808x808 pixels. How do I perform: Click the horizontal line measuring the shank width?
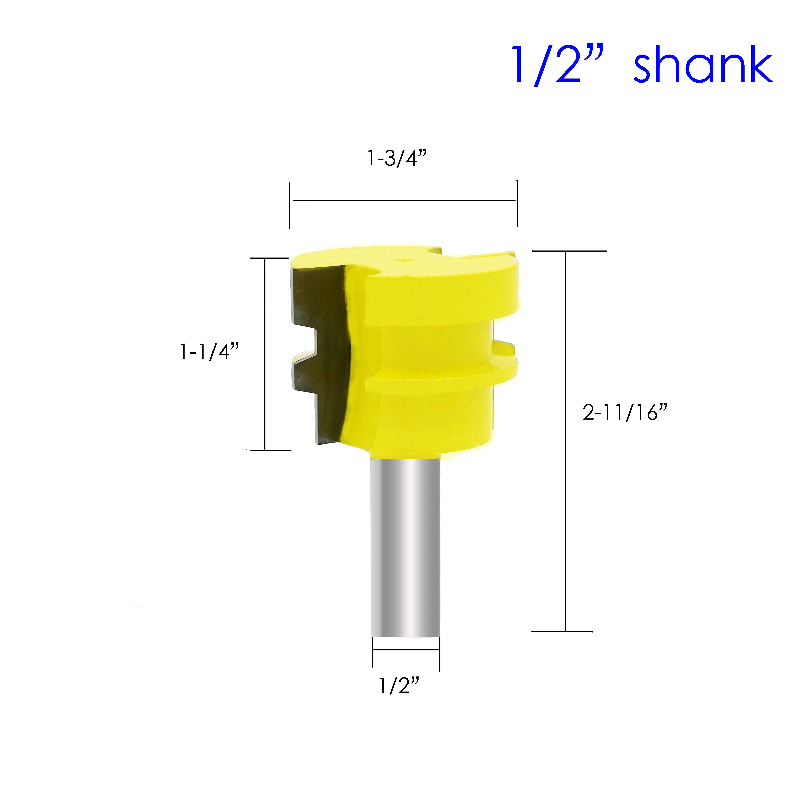[406, 650]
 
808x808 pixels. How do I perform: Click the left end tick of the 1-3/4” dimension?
[289, 205]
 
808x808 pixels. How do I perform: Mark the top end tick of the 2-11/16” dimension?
[569, 251]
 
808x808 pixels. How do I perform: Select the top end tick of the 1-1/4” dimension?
[270, 258]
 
